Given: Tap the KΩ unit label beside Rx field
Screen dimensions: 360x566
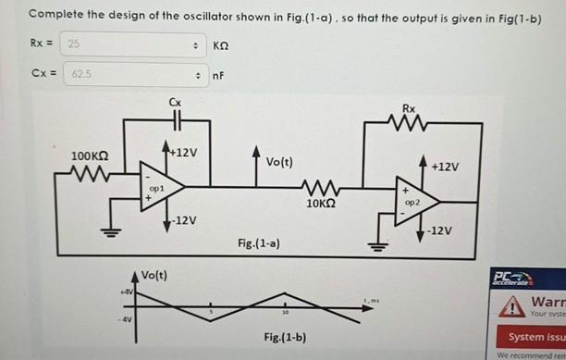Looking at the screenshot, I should [220, 45].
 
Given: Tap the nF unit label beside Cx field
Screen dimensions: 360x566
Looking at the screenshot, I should [219, 75].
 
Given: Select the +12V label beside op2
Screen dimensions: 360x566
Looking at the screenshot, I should [446, 167].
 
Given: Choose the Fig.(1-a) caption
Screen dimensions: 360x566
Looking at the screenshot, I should [259, 242].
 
